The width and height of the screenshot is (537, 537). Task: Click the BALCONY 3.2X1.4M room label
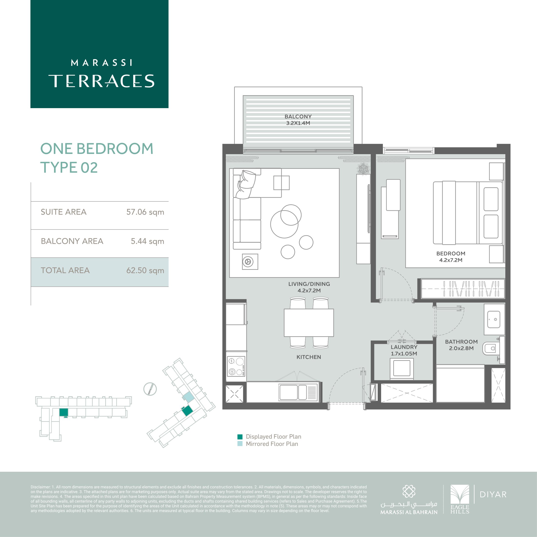tap(298, 120)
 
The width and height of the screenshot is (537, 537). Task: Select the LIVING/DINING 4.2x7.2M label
tap(309, 287)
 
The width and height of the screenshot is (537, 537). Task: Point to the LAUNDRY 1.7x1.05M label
tap(404, 350)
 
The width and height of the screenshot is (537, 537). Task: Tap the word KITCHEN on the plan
tap(309, 357)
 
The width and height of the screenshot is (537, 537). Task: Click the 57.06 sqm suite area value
tap(145, 212)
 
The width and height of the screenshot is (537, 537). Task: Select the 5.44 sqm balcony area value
tap(147, 241)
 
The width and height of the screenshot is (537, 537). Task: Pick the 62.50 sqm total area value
tap(145, 270)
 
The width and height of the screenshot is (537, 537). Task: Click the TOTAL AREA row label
tap(65, 270)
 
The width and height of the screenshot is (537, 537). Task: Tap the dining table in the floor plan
tap(309, 322)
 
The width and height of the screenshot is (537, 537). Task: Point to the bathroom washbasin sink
tap(494, 319)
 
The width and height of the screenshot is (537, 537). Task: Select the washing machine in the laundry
tap(402, 368)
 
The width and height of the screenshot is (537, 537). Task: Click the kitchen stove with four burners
tap(236, 366)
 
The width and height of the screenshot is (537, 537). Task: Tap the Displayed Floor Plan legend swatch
tap(240, 436)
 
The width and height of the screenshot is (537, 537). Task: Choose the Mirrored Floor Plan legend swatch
tap(240, 444)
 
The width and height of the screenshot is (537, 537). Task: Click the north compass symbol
tap(150, 389)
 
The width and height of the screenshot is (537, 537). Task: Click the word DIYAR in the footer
tap(493, 494)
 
